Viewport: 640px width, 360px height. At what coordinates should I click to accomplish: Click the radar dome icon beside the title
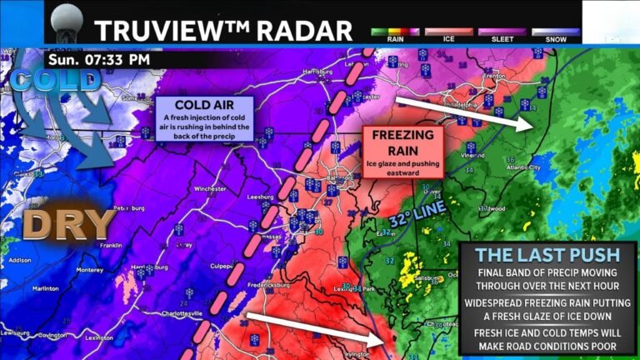67,23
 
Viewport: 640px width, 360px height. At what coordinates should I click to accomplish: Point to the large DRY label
67,224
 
